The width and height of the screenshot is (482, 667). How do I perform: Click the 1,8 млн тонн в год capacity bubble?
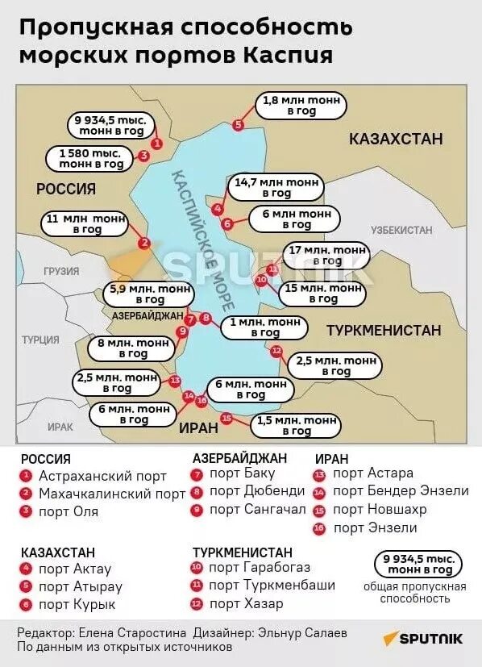tap(301, 106)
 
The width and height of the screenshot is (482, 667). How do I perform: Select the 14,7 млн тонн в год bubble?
tap(276, 187)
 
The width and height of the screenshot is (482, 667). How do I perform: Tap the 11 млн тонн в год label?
tap(88, 223)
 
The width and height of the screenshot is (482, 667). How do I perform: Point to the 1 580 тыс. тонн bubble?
tap(90, 158)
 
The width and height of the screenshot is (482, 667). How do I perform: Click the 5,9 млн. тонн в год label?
tap(151, 294)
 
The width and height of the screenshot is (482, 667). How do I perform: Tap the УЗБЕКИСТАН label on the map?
tap(401, 230)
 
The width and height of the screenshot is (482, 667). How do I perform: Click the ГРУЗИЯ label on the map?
tap(61, 272)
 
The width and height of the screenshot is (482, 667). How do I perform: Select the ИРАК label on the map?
tap(60, 427)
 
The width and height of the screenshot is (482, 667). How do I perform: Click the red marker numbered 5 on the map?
tap(238, 125)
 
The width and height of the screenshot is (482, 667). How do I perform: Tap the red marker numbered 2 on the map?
tap(144, 243)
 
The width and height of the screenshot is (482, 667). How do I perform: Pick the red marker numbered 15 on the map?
tap(226, 418)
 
